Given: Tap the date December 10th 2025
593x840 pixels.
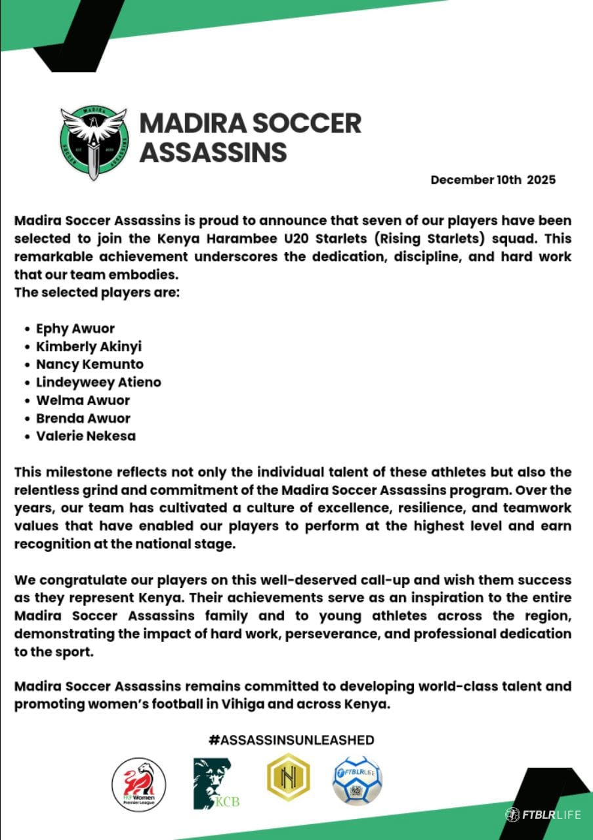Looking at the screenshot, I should click(x=493, y=179).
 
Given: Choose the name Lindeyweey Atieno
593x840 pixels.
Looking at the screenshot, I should click(x=98, y=382).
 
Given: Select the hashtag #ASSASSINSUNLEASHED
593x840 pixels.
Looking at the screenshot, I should click(x=291, y=740).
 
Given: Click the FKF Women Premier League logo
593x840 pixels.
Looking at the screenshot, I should click(x=139, y=784).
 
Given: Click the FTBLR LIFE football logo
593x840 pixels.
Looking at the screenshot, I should click(x=358, y=780).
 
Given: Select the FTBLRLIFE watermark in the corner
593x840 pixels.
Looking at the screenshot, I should click(x=543, y=814).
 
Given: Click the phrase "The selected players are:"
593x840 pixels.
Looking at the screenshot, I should click(x=97, y=292).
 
